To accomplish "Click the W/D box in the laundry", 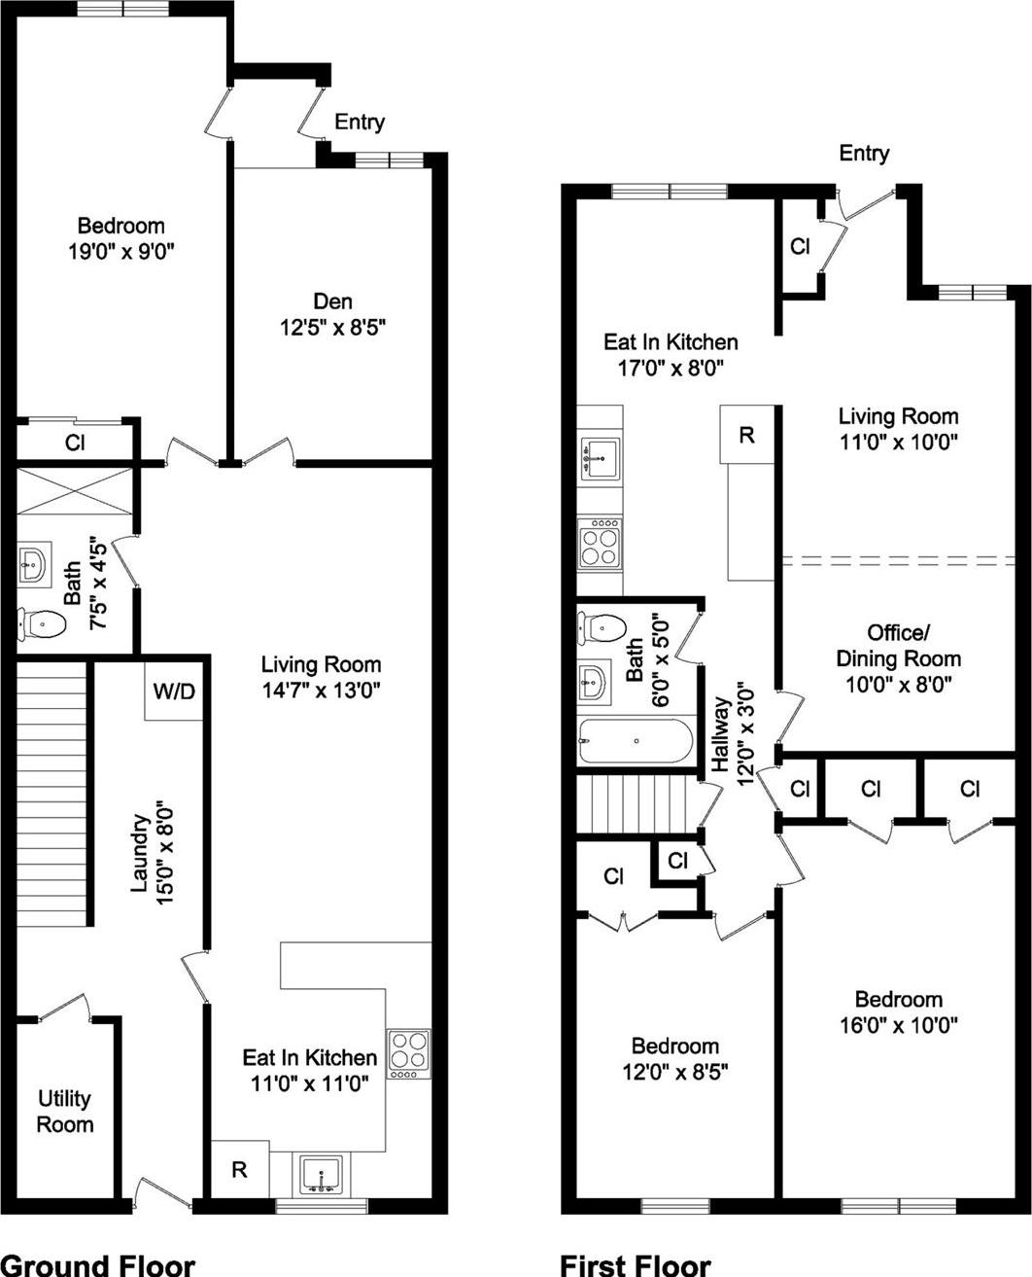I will tap(174, 692).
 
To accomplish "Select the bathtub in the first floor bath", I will tap(636, 742).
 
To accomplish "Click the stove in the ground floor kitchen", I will tap(409, 1052).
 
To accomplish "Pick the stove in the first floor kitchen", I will tap(600, 544).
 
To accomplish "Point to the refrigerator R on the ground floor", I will tap(239, 1169).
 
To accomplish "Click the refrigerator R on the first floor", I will tap(746, 435).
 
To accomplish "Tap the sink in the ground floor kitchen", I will tap(321, 1174).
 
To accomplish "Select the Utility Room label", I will tap(66, 1112).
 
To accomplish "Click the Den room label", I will tap(332, 302).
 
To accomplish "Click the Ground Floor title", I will tap(98, 1263).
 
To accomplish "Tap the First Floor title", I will tap(635, 1263).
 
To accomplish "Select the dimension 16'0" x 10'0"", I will tap(899, 1024).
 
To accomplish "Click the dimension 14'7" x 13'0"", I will tap(321, 691).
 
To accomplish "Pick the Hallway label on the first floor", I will tap(720, 734).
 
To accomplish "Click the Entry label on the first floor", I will tap(864, 153).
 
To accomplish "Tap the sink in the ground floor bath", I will tap(33, 564).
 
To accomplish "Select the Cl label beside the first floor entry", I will tap(800, 247).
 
